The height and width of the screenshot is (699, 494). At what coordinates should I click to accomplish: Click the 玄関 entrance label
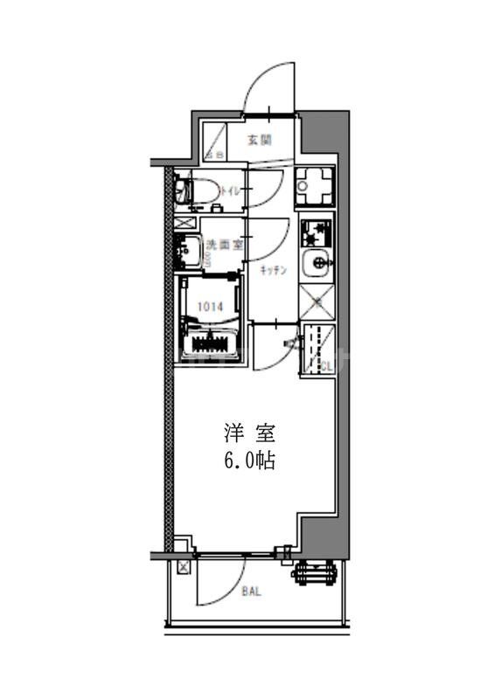pos(259,139)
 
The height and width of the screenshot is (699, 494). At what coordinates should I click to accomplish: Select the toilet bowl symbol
pos(196,190)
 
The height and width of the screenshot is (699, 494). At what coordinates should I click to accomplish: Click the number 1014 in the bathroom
pos(209,306)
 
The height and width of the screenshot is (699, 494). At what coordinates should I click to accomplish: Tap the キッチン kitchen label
pos(274,271)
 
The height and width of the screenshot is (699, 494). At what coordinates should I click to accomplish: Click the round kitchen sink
pos(316,263)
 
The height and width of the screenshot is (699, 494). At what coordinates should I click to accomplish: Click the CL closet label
pos(324,366)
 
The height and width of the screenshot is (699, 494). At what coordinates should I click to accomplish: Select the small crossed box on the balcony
pos(183,568)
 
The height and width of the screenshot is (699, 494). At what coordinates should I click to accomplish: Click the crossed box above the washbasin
pos(186,223)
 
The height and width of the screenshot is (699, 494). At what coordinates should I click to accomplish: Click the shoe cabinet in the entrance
pos(215,140)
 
